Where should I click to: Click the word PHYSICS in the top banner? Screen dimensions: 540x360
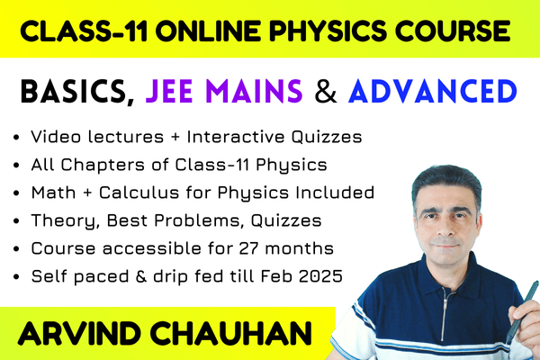(x=328, y=31)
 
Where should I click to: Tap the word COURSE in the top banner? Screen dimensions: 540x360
(x=453, y=31)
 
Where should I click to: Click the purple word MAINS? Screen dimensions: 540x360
(x=254, y=92)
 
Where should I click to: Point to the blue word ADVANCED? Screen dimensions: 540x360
(x=433, y=92)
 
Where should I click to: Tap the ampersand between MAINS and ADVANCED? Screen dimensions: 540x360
(x=326, y=92)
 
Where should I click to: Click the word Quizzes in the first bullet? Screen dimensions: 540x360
(x=327, y=137)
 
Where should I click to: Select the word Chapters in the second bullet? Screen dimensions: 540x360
(x=103, y=165)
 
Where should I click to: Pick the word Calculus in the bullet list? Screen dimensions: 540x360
(x=139, y=193)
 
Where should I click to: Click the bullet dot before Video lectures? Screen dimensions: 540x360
(x=16, y=138)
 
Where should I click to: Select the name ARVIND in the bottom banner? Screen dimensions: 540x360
(x=79, y=334)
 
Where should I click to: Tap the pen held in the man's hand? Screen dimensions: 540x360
(x=523, y=311)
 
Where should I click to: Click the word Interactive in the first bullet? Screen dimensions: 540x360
(x=236, y=137)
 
